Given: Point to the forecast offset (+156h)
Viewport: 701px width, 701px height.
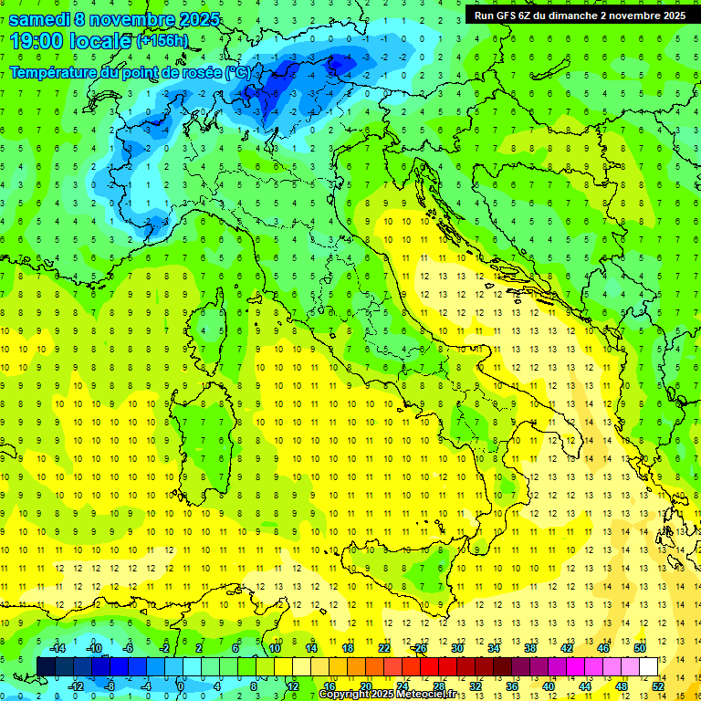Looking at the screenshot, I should (162, 41).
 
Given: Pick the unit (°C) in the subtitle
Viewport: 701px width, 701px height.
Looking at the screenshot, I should (237, 72).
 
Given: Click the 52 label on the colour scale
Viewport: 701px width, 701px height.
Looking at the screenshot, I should (659, 686).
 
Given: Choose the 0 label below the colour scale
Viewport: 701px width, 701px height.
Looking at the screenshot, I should (181, 686).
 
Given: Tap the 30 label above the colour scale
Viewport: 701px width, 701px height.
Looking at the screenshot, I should (456, 648).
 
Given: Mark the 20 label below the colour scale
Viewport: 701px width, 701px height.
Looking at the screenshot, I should (365, 686).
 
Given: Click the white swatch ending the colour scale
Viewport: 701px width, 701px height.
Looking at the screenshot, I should (648, 666).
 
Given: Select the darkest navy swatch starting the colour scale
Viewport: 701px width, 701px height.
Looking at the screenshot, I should (46, 666).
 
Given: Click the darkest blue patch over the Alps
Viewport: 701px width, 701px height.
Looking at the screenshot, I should (341, 62).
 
